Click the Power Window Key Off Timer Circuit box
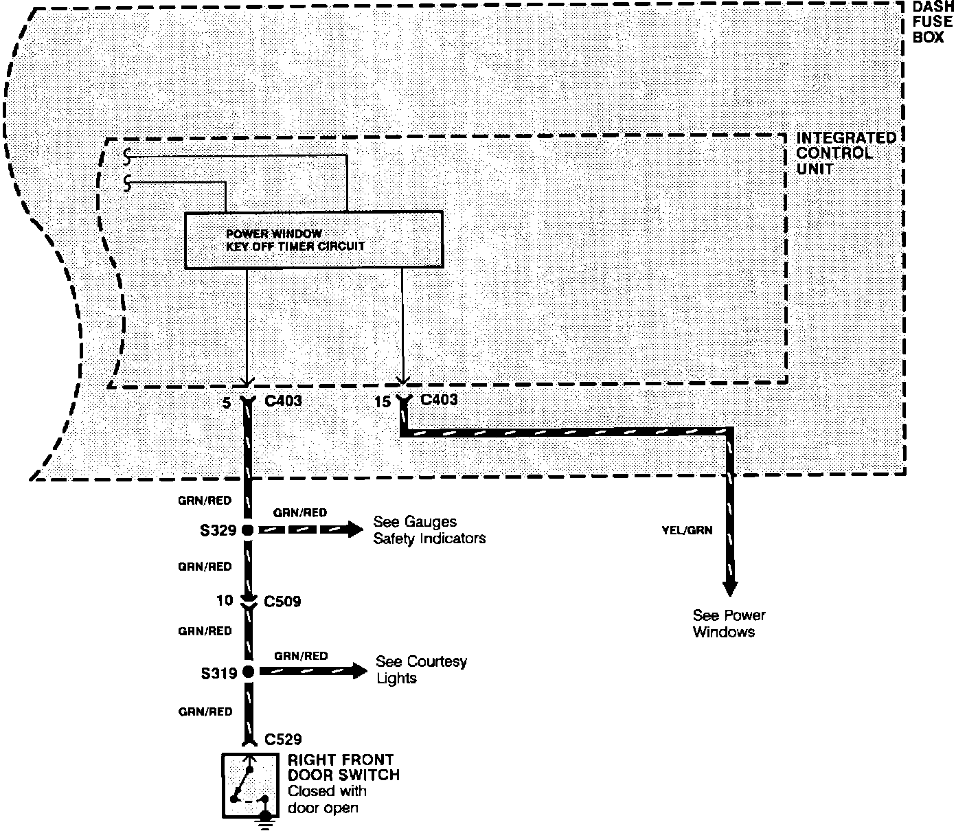pyautogui.click(x=314, y=240)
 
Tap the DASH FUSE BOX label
pyautogui.click(x=933, y=22)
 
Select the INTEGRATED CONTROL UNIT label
pyautogui.click(x=845, y=153)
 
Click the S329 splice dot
pyautogui.click(x=247, y=530)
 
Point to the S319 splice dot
pyautogui.click(x=248, y=672)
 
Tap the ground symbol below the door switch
pyautogui.click(x=264, y=821)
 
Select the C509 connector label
pyautogui.click(x=283, y=602)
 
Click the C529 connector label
pyautogui.click(x=283, y=740)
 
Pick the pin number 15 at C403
pyautogui.click(x=383, y=402)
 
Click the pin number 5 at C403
pyautogui.click(x=227, y=403)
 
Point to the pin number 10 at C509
pyautogui.click(x=225, y=601)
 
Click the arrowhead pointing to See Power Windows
pyautogui.click(x=729, y=589)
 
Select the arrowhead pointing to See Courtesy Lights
pyautogui.click(x=360, y=671)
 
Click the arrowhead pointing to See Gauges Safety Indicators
pyautogui.click(x=355, y=530)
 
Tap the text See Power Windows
pyautogui.click(x=728, y=624)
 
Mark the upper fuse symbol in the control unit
pyautogui.click(x=128, y=156)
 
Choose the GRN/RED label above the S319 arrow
pyautogui.click(x=300, y=656)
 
